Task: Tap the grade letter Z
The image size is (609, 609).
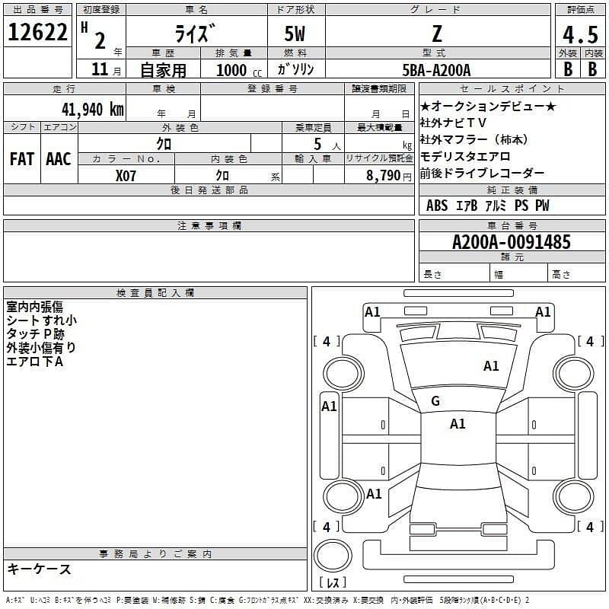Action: pyautogui.click(x=437, y=33)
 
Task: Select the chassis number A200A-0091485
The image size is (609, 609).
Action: pyautogui.click(x=512, y=243)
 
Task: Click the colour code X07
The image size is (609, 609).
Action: pyautogui.click(x=126, y=175)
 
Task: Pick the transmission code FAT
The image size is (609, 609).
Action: pyautogui.click(x=21, y=159)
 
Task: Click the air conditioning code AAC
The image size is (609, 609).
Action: pyautogui.click(x=59, y=159)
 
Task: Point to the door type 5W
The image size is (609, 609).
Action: pyautogui.click(x=295, y=33)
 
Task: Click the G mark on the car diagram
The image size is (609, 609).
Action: pyautogui.click(x=435, y=401)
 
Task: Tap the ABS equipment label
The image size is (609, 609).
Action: pyautogui.click(x=437, y=206)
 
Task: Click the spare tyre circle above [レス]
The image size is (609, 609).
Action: pyautogui.click(x=332, y=556)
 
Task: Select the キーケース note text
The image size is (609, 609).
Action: pyautogui.click(x=40, y=569)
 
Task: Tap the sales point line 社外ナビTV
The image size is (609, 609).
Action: pyautogui.click(x=454, y=123)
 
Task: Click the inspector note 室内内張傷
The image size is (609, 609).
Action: pyautogui.click(x=36, y=307)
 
